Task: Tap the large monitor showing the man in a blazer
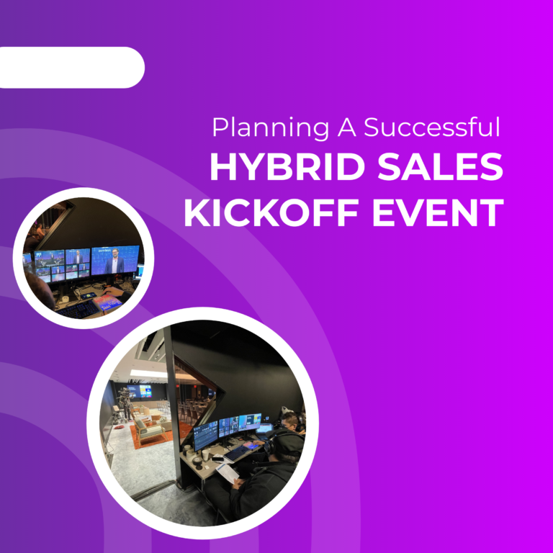coord(114,261)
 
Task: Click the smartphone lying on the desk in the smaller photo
coord(88,296)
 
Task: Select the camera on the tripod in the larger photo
coord(126,397)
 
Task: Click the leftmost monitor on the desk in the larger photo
coord(205,434)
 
